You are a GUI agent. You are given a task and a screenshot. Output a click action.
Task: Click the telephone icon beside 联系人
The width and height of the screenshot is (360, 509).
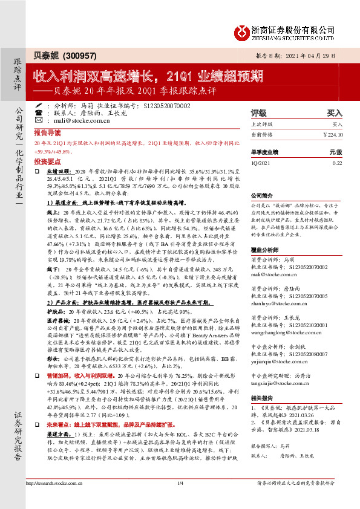[x=39, y=113]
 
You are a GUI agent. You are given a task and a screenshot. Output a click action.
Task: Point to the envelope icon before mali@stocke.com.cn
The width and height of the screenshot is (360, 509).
[x=39, y=121]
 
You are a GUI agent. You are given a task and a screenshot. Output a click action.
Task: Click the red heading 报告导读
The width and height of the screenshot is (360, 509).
[x=47, y=132]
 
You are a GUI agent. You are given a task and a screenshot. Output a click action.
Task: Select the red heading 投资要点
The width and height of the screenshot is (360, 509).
[x=47, y=162]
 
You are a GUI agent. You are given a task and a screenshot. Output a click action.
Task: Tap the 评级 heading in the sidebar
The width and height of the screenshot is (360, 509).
[x=258, y=113]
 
